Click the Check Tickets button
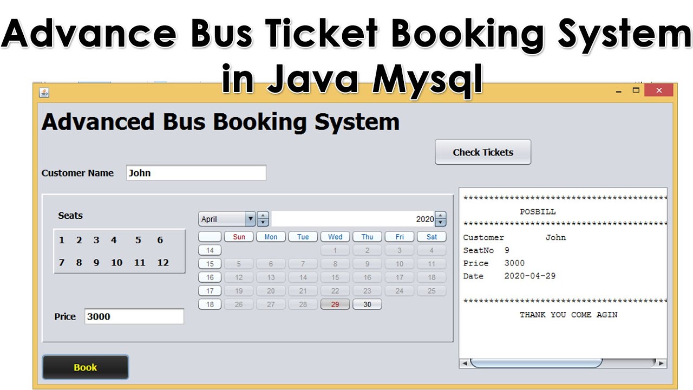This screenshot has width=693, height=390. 483,152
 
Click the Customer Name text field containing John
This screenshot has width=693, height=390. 196,173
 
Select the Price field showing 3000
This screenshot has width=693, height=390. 134,316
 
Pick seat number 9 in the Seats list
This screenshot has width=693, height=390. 96,263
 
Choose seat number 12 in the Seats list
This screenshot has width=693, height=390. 163,263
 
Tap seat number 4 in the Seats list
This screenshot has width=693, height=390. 114,240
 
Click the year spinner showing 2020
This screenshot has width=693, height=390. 357,219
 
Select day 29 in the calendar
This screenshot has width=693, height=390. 335,304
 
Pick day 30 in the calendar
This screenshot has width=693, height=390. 367,304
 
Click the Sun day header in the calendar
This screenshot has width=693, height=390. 239,237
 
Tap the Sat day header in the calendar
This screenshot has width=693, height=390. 432,237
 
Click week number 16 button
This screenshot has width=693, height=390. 210,277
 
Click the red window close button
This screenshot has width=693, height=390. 659,90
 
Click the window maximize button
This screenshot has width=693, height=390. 636,90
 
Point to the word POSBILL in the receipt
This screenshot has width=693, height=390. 538,212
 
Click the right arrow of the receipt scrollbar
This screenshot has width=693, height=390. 662,363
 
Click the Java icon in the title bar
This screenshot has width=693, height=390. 44,92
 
